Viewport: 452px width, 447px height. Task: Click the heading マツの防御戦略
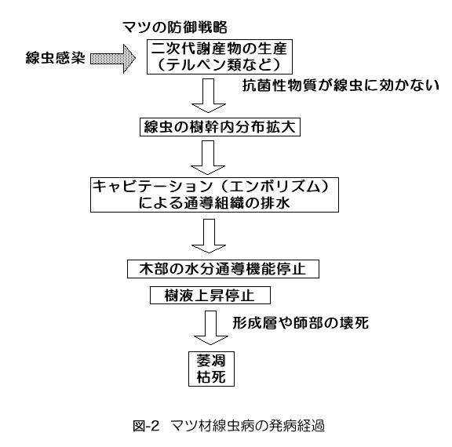175,27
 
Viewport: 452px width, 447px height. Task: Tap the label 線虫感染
56,58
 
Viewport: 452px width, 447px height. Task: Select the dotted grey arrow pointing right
113,59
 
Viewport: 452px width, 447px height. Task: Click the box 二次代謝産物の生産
220,56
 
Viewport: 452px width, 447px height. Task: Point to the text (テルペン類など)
219,64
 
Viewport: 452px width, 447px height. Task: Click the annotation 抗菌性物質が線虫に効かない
341,85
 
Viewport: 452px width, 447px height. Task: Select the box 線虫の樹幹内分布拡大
220,127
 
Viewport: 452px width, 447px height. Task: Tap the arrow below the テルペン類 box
209,96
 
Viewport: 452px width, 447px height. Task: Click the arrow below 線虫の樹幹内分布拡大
208,158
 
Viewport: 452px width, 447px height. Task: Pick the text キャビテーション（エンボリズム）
210,187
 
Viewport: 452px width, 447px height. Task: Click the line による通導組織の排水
214,203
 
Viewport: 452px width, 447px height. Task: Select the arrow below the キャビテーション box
209,236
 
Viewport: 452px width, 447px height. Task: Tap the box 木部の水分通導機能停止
223,269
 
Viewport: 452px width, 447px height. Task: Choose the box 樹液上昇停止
210,295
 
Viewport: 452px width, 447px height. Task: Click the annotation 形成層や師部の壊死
301,323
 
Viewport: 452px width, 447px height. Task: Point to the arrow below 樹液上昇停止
211,328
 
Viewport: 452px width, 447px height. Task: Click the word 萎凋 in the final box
211,361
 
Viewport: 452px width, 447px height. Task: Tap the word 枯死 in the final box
211,377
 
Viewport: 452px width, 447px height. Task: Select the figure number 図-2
146,426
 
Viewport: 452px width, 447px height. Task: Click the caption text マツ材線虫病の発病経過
248,426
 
